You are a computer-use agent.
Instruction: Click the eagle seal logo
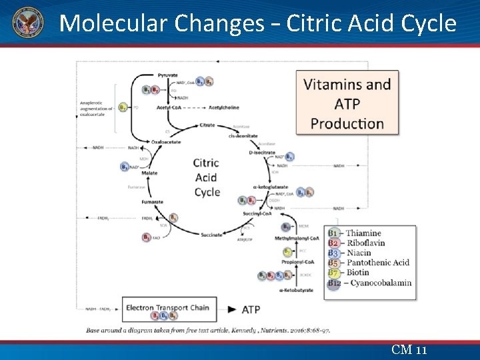tap(27, 23)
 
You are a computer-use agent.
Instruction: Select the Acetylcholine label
tap(224, 107)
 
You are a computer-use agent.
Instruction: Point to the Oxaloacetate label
tap(165, 141)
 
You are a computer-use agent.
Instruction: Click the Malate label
tap(149, 173)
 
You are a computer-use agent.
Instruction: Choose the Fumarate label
tap(152, 202)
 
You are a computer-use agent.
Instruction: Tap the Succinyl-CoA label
tap(257, 213)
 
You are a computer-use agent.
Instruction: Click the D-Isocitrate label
tap(262, 153)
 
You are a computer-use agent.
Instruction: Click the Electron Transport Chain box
tap(167, 309)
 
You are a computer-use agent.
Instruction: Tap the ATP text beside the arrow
tap(251, 309)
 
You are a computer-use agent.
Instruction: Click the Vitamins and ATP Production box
tap(347, 103)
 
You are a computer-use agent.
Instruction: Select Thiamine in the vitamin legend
tap(363, 233)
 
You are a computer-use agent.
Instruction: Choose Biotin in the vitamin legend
tap(359, 272)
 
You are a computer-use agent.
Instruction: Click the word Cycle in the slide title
tap(429, 24)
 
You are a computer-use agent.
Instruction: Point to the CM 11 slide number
tap(409, 350)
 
